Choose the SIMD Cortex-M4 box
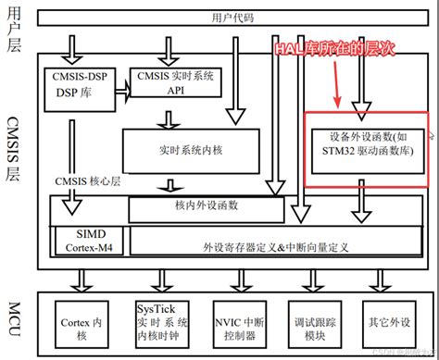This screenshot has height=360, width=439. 84,240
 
